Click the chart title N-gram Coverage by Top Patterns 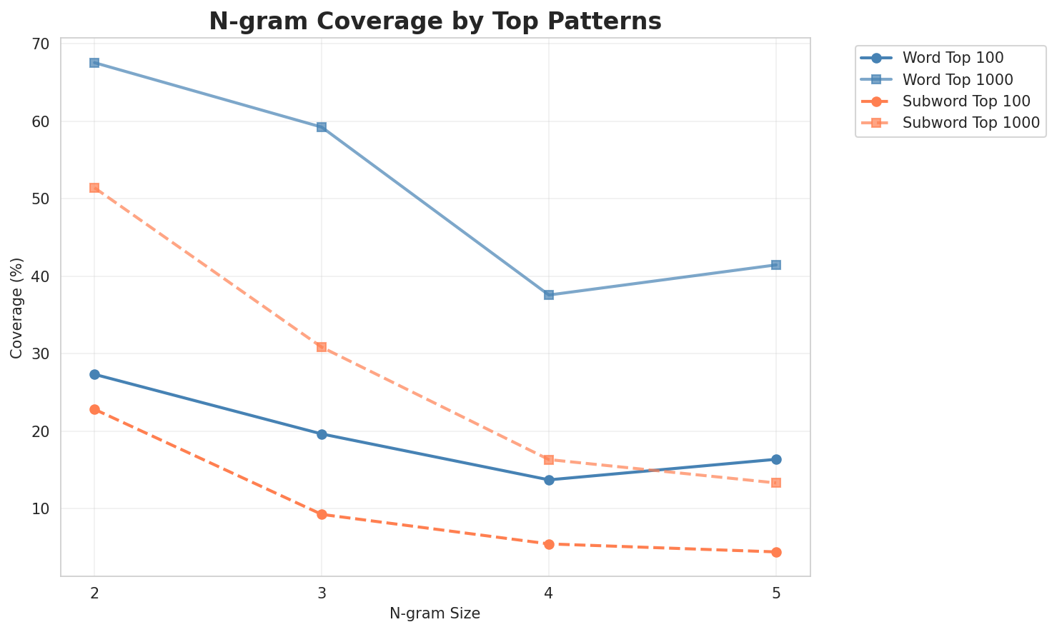click(435, 21)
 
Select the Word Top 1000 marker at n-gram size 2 click(94, 63)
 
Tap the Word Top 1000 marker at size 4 click(549, 295)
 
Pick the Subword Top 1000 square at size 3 click(322, 347)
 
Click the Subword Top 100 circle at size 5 click(776, 552)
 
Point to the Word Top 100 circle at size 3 click(322, 434)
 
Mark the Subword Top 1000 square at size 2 click(94, 188)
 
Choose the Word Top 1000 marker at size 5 click(776, 265)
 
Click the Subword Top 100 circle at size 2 click(94, 409)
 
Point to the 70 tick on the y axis click(41, 44)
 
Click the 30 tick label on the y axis click(41, 354)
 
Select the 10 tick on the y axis click(41, 509)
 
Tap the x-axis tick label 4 click(549, 593)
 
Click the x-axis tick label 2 click(94, 593)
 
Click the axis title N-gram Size click(435, 613)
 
